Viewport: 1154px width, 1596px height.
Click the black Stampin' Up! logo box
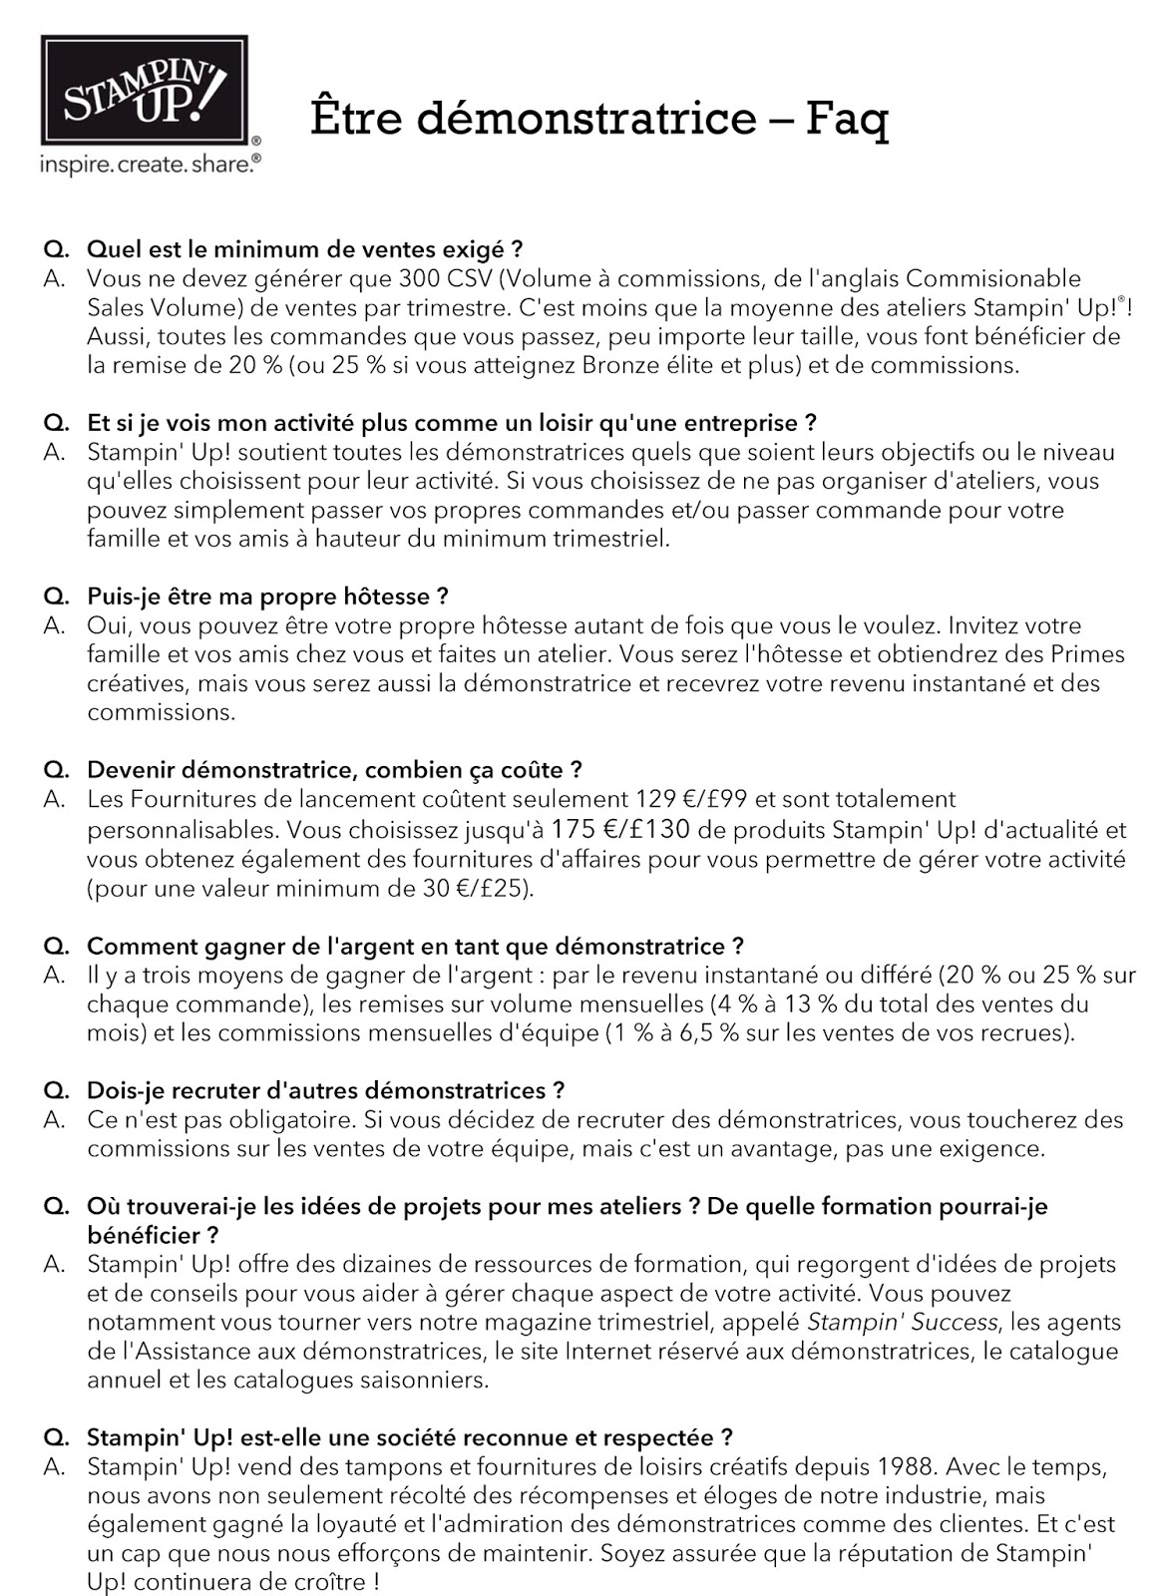[144, 92]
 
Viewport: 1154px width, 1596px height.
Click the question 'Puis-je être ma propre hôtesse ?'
[267, 597]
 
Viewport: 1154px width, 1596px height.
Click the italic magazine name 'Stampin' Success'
[901, 1323]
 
